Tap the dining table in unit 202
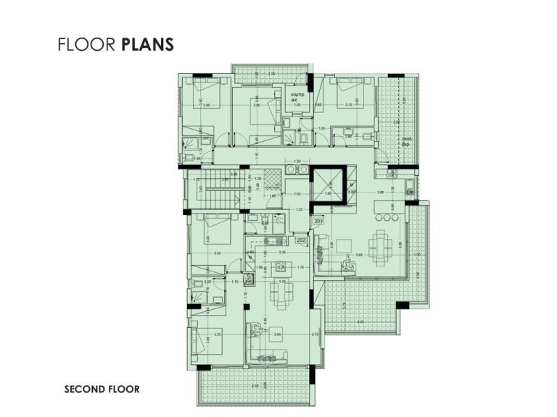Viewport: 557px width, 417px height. [278, 292]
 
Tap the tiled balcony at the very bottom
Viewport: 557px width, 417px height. [254, 388]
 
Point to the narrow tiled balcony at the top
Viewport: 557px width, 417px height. [268, 71]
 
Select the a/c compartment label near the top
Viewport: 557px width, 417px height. [297, 97]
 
